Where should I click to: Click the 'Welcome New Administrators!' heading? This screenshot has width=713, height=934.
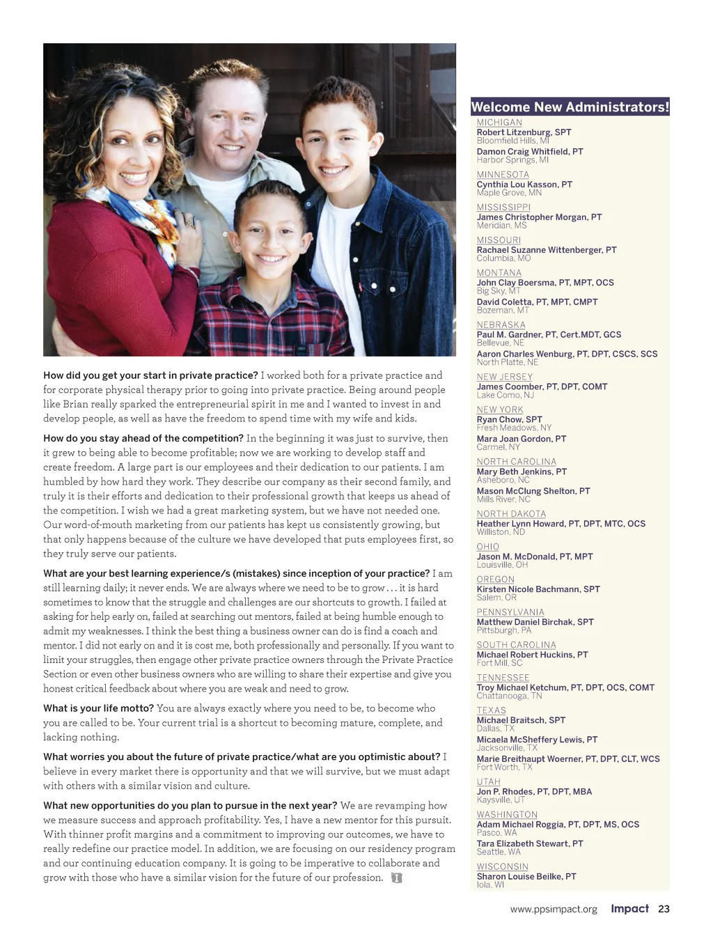(x=570, y=107)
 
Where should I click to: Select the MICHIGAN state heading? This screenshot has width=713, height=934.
(x=499, y=123)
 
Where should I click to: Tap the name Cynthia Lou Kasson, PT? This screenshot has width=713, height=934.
(x=524, y=185)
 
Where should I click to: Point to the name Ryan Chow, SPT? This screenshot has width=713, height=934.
(x=509, y=419)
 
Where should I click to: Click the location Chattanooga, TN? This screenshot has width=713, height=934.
(x=509, y=696)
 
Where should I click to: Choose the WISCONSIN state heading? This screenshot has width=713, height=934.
(x=502, y=867)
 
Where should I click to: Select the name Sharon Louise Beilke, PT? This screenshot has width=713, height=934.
(x=526, y=876)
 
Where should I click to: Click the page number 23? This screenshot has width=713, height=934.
(x=664, y=909)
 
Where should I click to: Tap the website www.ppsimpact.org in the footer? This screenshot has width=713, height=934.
(x=554, y=909)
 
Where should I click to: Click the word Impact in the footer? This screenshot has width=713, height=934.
(x=629, y=908)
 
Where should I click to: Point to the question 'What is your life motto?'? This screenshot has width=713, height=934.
(x=98, y=708)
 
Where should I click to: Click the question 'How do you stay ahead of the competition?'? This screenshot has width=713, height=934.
(x=143, y=438)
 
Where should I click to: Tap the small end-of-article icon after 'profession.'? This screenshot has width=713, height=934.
(x=397, y=878)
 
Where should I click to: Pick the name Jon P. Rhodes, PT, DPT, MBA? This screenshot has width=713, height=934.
(x=534, y=791)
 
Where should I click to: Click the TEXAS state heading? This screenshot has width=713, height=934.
(x=491, y=710)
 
